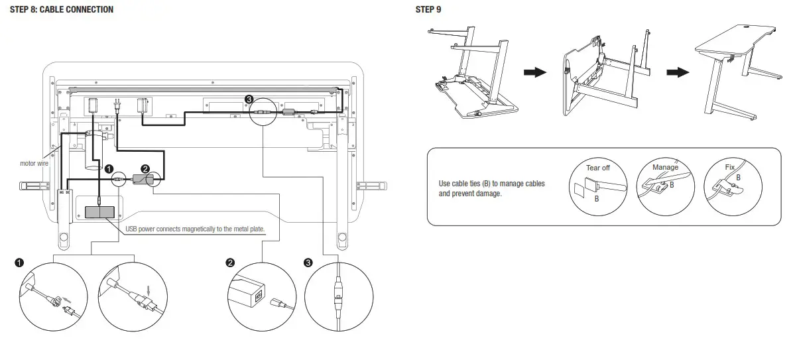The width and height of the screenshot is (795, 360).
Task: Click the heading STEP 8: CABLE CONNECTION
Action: [61, 9]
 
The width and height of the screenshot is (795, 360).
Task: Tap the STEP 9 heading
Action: [428, 9]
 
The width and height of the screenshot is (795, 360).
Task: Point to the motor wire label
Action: [34, 163]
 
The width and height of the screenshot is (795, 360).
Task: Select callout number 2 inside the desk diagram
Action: [146, 168]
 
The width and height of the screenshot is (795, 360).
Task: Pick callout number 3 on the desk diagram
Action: [249, 99]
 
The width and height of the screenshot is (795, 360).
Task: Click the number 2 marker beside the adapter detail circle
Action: [230, 263]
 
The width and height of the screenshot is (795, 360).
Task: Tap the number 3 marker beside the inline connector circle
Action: [308, 263]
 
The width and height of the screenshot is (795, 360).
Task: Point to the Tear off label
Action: [597, 168]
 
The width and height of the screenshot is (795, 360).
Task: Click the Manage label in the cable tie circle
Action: [665, 167]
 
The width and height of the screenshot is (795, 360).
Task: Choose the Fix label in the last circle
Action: [729, 167]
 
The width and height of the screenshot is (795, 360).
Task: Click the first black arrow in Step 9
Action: [534, 72]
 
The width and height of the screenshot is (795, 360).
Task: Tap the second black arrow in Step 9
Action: [677, 72]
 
